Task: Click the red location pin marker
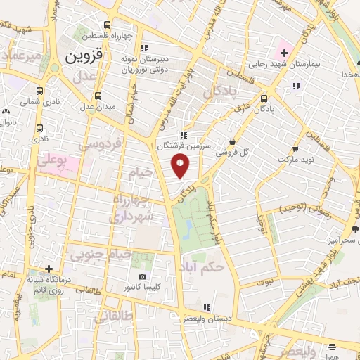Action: point(181,166)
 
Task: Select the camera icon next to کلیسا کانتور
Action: point(143,277)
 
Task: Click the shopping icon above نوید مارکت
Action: point(295,148)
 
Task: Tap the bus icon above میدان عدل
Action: point(98,96)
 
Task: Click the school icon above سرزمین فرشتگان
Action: point(183,135)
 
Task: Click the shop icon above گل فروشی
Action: point(232,141)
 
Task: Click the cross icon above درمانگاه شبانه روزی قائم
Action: point(48,269)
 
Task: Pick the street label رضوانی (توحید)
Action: point(304,210)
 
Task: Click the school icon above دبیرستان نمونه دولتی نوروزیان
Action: point(144,49)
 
